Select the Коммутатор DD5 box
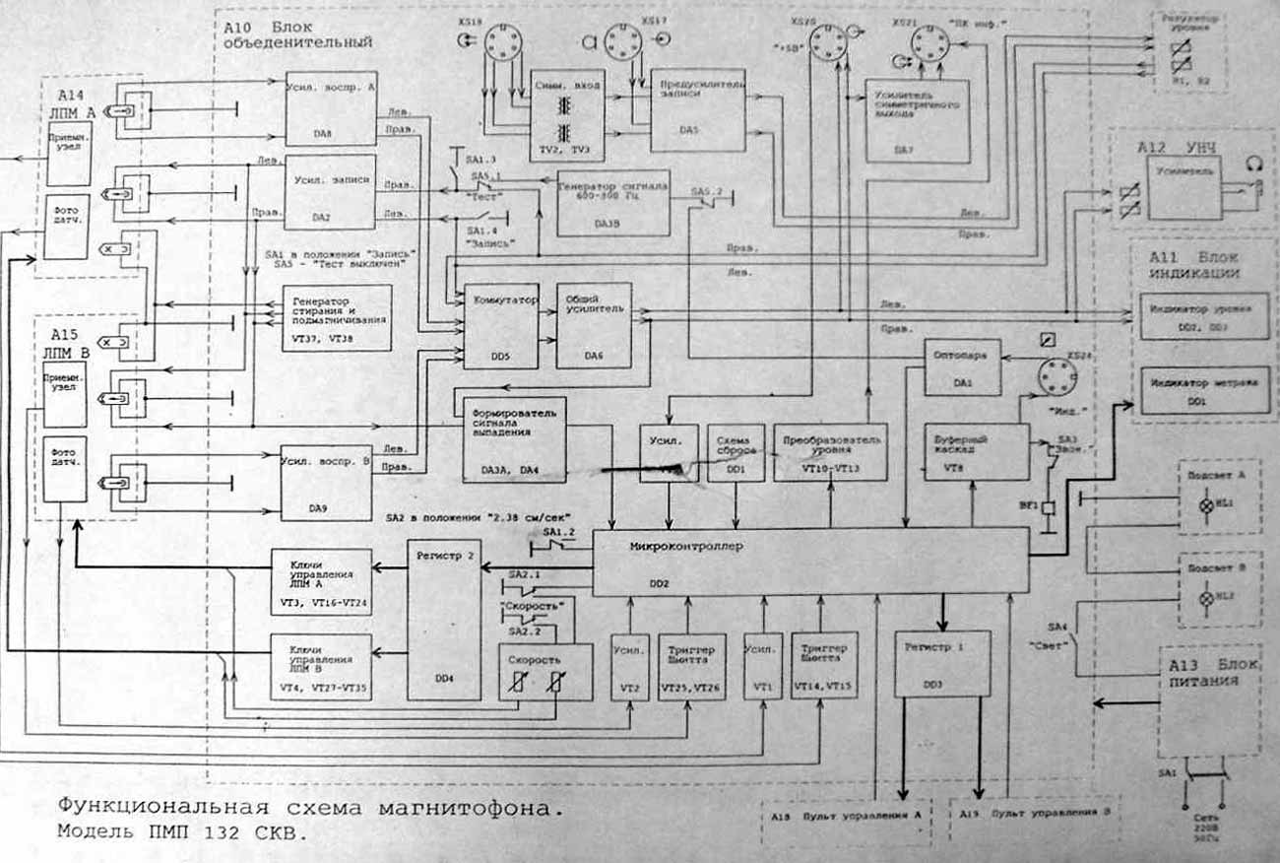click(500, 324)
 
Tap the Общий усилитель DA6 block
click(594, 324)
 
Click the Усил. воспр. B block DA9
click(325, 482)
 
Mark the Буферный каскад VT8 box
click(976, 452)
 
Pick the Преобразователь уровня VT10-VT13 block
click(830, 452)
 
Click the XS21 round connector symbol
click(928, 44)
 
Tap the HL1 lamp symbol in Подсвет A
click(1203, 504)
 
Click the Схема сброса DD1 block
click(736, 452)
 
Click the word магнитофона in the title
click(469, 809)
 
